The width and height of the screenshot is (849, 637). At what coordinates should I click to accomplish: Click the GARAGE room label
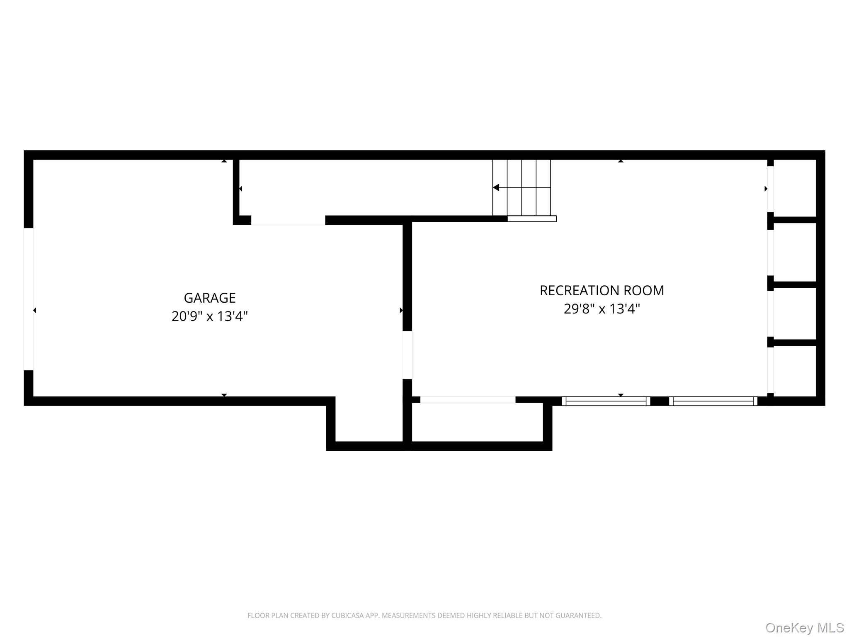click(209, 298)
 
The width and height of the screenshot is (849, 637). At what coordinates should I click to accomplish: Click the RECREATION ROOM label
click(602, 290)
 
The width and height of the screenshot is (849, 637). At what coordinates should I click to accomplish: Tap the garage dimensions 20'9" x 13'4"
click(209, 316)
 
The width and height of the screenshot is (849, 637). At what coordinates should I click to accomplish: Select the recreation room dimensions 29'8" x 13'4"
click(602, 309)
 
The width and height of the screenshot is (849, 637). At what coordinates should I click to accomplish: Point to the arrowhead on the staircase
click(496, 188)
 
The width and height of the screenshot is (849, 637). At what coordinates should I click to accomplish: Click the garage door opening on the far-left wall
click(29, 299)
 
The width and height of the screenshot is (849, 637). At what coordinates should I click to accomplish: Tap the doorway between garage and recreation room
click(408, 355)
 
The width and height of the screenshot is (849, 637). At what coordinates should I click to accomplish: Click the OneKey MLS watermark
click(804, 627)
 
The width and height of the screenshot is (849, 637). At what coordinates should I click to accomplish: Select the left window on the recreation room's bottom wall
click(606, 401)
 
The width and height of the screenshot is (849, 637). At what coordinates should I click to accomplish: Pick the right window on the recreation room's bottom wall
click(713, 401)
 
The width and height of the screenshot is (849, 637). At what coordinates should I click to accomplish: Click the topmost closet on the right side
click(795, 188)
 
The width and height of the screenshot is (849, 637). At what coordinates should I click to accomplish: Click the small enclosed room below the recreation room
click(477, 422)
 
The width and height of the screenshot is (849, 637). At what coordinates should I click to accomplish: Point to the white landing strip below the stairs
click(532, 219)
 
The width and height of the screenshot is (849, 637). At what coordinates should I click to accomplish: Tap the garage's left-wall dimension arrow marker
click(35, 310)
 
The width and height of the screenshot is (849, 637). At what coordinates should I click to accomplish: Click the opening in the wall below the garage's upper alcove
click(288, 220)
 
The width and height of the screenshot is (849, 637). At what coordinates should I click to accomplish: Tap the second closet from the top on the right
click(795, 252)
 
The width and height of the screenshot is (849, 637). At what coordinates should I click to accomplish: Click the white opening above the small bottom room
click(468, 400)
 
